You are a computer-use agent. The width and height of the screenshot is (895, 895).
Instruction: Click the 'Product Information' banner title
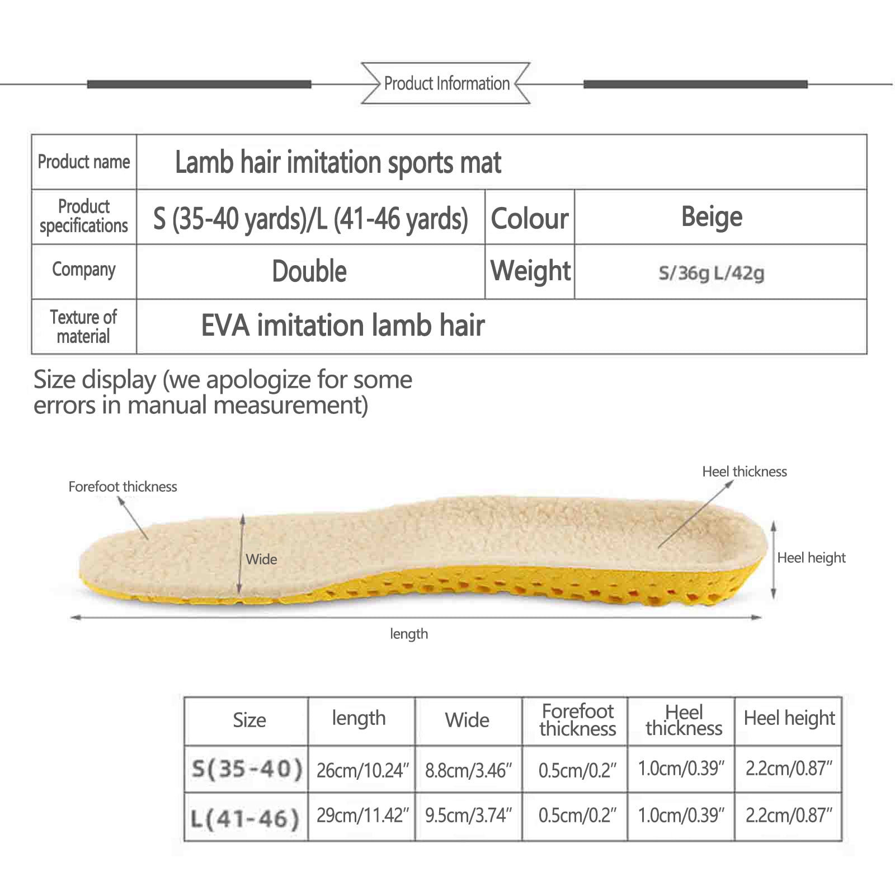[446, 83]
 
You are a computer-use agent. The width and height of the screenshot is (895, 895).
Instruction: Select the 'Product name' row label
[84, 162]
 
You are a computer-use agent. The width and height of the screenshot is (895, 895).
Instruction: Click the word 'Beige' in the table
[712, 217]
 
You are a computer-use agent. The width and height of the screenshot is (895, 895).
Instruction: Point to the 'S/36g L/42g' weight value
[711, 273]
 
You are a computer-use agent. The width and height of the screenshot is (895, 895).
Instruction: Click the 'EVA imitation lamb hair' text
[342, 326]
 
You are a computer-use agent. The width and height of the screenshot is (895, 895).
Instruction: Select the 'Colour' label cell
[530, 218]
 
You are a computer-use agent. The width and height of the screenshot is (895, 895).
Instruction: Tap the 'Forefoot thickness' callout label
[123, 487]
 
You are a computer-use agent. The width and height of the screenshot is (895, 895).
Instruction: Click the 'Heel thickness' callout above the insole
[745, 472]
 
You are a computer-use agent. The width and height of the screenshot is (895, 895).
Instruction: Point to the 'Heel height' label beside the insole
[812, 558]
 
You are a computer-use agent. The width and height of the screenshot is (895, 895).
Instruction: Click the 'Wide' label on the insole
[261, 559]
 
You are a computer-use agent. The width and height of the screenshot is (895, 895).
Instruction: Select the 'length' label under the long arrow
[409, 634]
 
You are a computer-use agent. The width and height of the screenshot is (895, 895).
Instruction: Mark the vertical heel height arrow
[774, 560]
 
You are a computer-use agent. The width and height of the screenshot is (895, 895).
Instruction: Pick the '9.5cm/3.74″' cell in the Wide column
[468, 816]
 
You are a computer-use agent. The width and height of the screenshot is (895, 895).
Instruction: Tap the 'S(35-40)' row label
[247, 769]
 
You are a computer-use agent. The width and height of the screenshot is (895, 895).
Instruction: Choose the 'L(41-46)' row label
[246, 819]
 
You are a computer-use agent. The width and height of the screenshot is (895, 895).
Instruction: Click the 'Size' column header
[249, 720]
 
